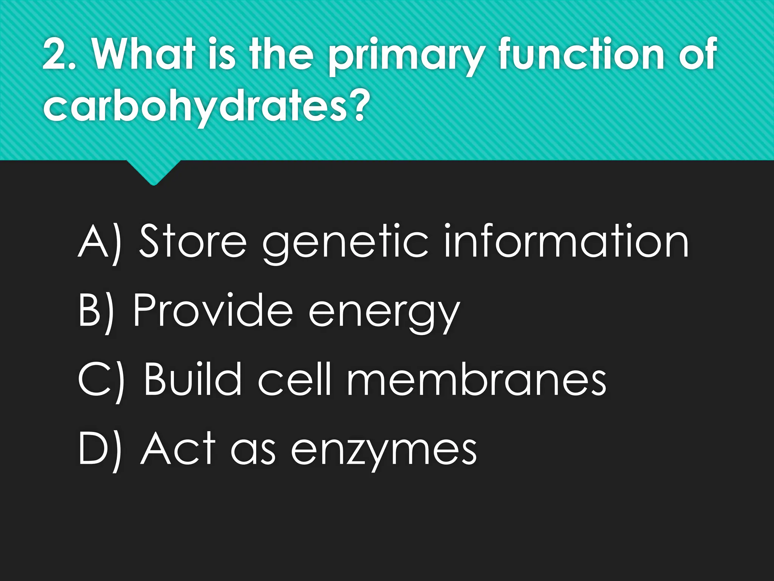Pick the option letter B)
(x=97, y=311)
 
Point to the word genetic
(x=346, y=244)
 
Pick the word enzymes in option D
(x=384, y=452)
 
